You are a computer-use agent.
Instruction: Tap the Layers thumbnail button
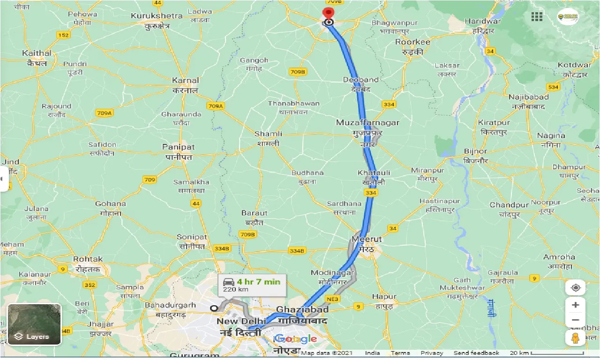click(x=34, y=324)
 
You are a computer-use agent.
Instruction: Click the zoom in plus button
click(x=575, y=305)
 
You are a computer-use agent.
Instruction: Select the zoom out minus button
click(x=575, y=321)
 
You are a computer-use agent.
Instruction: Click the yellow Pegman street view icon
click(x=575, y=338)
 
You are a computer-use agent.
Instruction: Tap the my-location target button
click(x=575, y=287)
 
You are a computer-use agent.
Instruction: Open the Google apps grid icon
click(x=537, y=17)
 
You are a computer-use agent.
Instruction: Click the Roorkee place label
click(x=412, y=42)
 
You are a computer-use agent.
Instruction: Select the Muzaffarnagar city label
click(x=367, y=123)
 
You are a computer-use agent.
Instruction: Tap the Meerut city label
click(x=367, y=239)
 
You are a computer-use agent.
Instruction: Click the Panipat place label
click(x=178, y=147)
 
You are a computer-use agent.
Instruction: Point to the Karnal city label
click(x=186, y=80)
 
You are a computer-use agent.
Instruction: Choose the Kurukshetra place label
click(x=157, y=16)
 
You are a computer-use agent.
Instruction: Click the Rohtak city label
click(x=88, y=259)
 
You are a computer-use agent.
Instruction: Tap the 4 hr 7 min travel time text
click(x=258, y=282)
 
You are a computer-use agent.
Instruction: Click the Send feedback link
click(x=476, y=353)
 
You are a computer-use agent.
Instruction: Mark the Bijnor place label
click(x=475, y=151)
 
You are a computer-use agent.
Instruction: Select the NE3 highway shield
click(x=332, y=299)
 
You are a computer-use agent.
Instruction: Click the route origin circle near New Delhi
click(x=214, y=308)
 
